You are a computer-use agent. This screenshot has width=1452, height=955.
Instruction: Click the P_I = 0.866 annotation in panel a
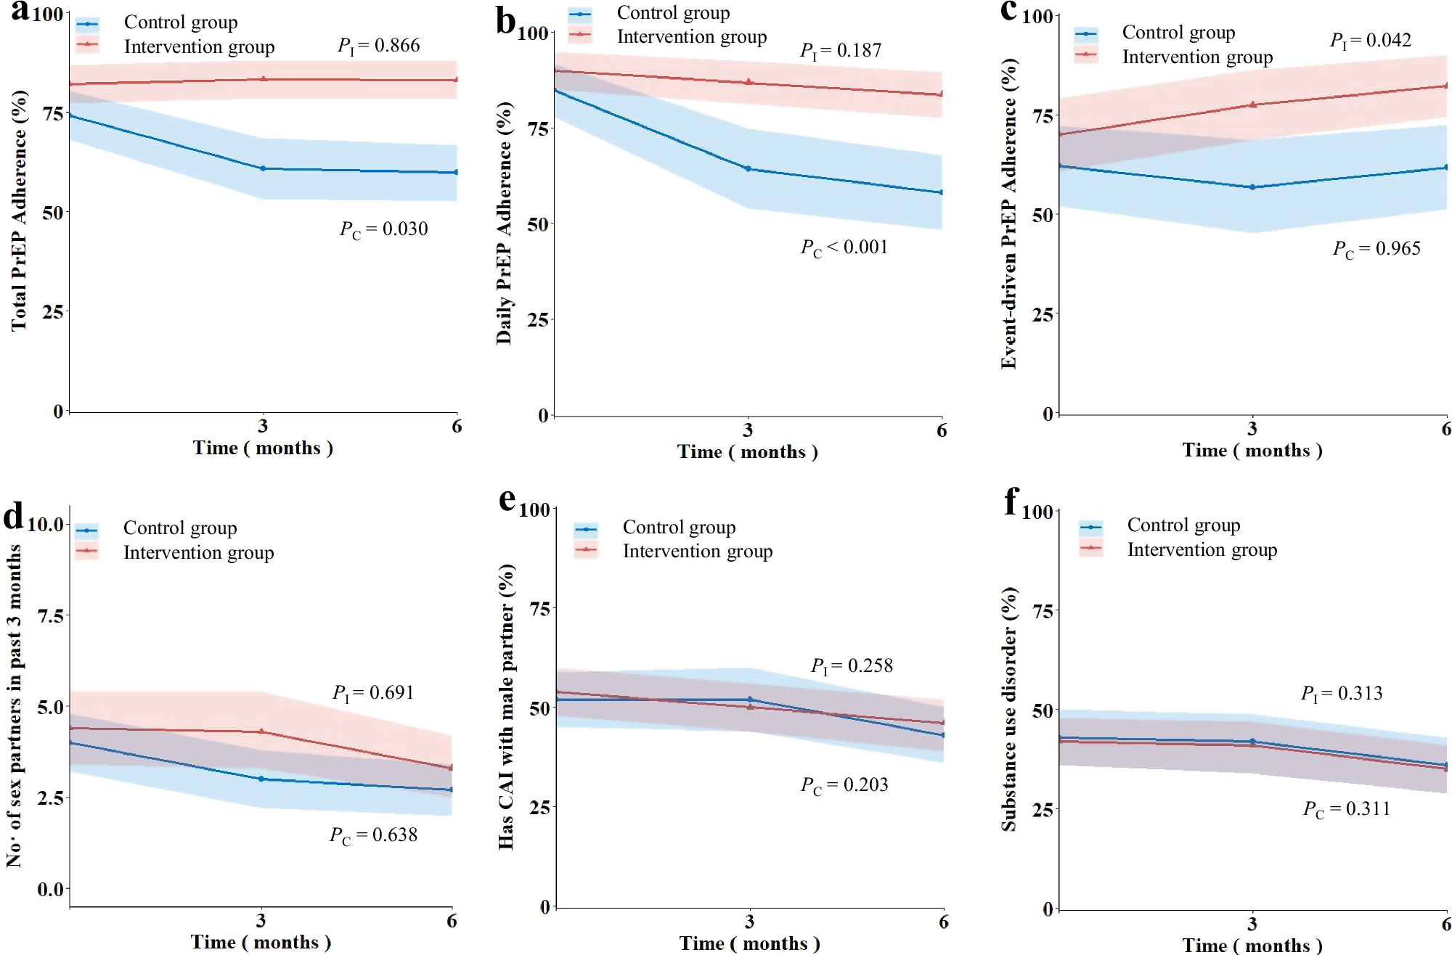coord(378,46)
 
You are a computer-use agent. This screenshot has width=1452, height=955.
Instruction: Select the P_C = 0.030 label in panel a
coord(383,229)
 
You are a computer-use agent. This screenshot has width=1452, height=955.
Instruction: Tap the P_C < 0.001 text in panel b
coord(844,247)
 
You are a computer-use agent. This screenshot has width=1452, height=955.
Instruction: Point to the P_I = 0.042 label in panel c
coord(1370,41)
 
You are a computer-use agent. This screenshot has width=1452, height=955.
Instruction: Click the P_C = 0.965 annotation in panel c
coord(1376,249)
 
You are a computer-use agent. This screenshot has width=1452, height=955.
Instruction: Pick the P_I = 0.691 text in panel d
coord(373,693)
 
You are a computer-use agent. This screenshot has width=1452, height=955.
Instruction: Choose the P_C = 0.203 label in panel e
coord(844,785)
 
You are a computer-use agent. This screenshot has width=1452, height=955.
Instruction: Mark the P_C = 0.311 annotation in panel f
coord(1346,809)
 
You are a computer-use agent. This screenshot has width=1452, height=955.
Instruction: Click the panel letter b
coord(505,20)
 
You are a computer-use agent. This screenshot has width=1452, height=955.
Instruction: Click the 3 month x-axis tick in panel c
coord(1252,429)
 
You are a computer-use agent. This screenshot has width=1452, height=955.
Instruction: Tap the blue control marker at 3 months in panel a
coord(263,168)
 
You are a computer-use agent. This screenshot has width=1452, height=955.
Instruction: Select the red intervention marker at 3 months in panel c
coord(1252,105)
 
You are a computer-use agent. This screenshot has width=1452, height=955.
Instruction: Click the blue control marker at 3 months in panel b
coord(748,169)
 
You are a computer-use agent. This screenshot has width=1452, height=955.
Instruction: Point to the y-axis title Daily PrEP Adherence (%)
coord(504,223)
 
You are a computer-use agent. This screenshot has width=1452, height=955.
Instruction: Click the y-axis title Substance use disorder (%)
coord(1008,708)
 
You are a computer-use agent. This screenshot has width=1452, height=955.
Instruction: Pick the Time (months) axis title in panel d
coord(261,942)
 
